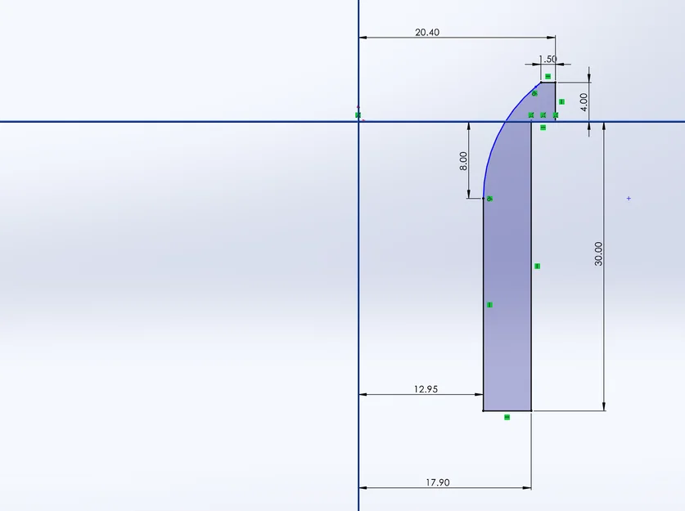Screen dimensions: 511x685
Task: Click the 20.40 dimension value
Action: (426, 33)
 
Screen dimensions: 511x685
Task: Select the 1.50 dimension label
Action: (548, 60)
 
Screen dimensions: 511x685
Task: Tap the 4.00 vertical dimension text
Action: (584, 102)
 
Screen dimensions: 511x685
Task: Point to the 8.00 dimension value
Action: (464, 160)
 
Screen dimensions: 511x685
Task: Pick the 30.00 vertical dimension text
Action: (598, 253)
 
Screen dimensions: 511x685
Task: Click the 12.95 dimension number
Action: (426, 389)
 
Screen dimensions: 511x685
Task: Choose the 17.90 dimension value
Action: (437, 482)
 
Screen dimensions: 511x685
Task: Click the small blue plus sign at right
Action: (629, 199)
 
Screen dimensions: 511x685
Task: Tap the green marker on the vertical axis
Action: (358, 115)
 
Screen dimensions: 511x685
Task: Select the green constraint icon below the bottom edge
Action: (507, 417)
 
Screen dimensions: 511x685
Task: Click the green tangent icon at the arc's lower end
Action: (489, 199)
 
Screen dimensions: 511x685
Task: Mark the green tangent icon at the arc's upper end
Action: (534, 93)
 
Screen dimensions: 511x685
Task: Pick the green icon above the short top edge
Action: (548, 76)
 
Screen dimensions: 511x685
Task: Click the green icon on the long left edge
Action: (489, 305)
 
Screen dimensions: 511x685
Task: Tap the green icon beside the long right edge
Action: (537, 266)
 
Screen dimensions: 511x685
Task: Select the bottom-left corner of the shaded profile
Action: (484, 410)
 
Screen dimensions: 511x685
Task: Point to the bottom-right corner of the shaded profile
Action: (531, 410)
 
